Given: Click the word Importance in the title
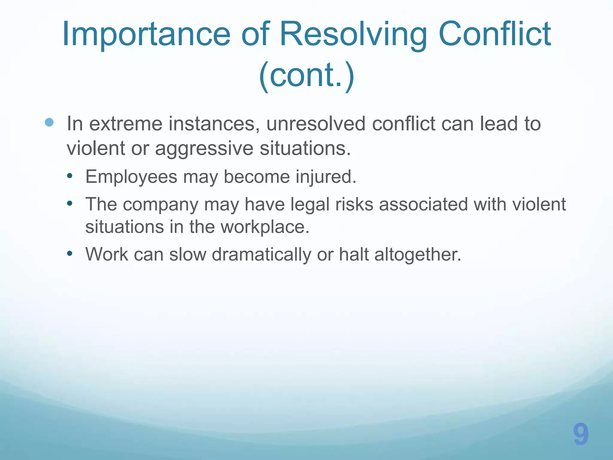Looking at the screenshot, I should tap(146, 34).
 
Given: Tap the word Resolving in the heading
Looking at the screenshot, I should tap(353, 34).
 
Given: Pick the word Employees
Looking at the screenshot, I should tap(131, 177).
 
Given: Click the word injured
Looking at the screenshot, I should tap(326, 177).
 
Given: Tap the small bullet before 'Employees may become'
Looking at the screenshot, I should tap(70, 176).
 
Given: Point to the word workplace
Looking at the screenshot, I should tap(265, 227).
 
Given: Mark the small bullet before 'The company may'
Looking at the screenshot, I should tap(70, 204).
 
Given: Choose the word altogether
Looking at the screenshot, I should tap(418, 255).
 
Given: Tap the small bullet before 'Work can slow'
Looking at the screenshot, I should tap(70, 254).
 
